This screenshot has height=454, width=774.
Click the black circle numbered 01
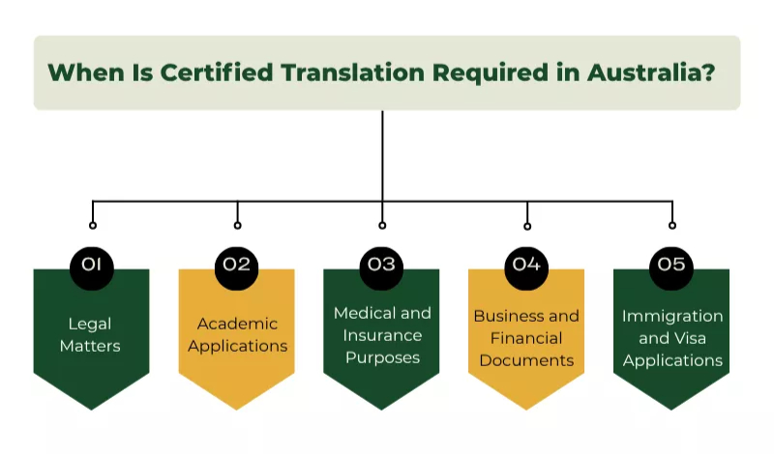click(x=92, y=264)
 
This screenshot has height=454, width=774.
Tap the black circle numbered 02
click(x=237, y=264)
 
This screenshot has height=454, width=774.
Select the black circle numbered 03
click(x=382, y=264)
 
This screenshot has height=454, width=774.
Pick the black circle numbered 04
click(x=526, y=264)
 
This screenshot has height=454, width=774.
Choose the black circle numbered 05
click(x=671, y=264)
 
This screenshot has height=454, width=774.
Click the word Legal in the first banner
click(x=91, y=324)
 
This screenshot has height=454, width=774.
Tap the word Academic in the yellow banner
click(x=237, y=324)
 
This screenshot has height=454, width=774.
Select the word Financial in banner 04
click(x=526, y=338)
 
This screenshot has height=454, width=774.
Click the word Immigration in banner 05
click(x=672, y=316)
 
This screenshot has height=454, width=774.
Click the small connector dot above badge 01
click(x=92, y=225)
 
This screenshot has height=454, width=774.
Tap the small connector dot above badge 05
click(x=672, y=225)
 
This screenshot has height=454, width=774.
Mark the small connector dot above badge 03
click(x=382, y=225)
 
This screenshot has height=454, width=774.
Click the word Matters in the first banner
click(x=91, y=345)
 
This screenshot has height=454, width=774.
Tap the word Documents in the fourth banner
click(x=526, y=360)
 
